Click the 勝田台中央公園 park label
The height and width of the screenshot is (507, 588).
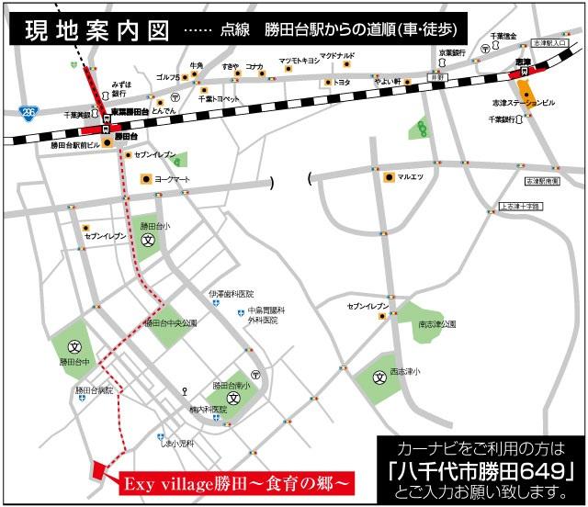tap(170, 323)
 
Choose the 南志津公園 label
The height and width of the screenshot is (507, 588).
tap(437, 323)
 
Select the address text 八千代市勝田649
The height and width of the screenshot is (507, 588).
tap(481, 472)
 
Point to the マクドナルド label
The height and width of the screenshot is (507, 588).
tap(337, 56)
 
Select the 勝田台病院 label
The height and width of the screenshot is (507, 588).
tap(95, 390)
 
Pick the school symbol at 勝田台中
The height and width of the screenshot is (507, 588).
tap(76, 347)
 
